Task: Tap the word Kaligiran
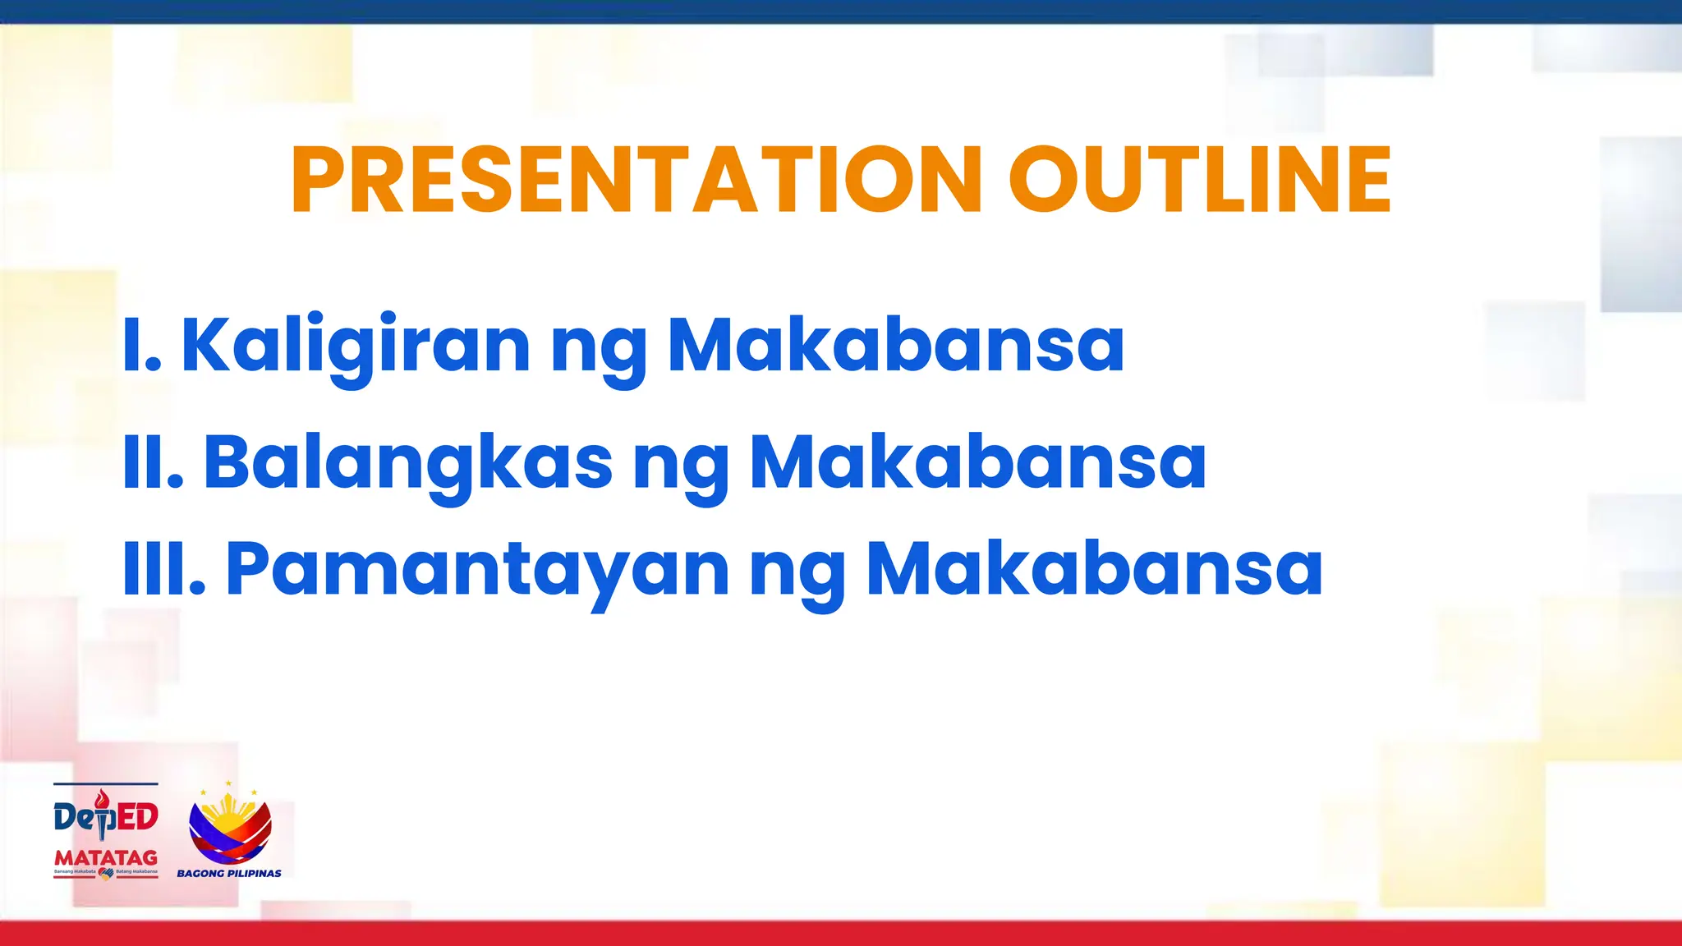click(x=356, y=345)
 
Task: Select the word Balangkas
click(x=408, y=462)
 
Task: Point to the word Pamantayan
click(x=477, y=568)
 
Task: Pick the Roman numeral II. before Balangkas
click(x=153, y=462)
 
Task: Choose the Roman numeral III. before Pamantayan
click(x=163, y=568)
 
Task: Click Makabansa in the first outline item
click(x=896, y=345)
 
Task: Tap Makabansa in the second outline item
click(x=978, y=462)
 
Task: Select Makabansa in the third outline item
click(x=1095, y=568)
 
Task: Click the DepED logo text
click(x=105, y=818)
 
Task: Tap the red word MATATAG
click(x=106, y=858)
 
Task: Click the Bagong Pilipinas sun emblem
click(x=230, y=825)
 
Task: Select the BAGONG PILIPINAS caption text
click(x=229, y=874)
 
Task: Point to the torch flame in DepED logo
click(x=101, y=798)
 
